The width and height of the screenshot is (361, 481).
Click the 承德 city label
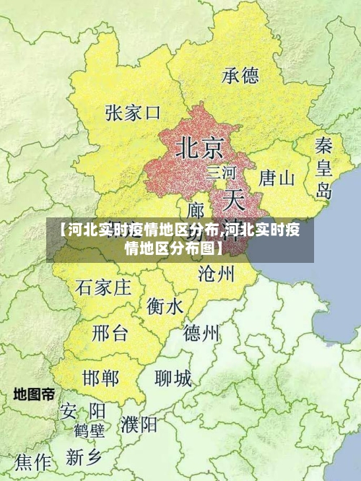pyautogui.click(x=240, y=75)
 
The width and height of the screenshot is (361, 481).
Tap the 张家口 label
pyautogui.click(x=132, y=113)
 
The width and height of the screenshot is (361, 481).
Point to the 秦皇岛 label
pyautogui.click(x=323, y=168)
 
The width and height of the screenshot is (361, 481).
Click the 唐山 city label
pyautogui.click(x=277, y=178)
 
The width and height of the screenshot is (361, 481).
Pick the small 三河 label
pyautogui.click(x=221, y=173)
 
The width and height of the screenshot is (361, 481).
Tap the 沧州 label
pyautogui.click(x=216, y=273)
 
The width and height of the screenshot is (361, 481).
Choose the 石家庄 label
pyautogui.click(x=103, y=287)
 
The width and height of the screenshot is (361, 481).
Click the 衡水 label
pyautogui.click(x=165, y=306)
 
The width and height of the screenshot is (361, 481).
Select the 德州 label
pyautogui.click(x=201, y=333)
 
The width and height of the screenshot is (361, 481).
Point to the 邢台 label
pyautogui.click(x=110, y=333)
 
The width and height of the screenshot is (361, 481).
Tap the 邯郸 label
pyautogui.click(x=100, y=378)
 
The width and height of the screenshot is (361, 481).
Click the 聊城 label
pyautogui.click(x=173, y=378)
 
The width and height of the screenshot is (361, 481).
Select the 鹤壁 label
pyautogui.click(x=89, y=431)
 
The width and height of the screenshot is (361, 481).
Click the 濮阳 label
pyautogui.click(x=139, y=424)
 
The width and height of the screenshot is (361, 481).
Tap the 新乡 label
pyautogui.click(x=85, y=456)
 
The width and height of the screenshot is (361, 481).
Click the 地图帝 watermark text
pyautogui.click(x=34, y=394)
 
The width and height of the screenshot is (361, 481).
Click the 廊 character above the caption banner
pyautogui.click(x=196, y=210)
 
